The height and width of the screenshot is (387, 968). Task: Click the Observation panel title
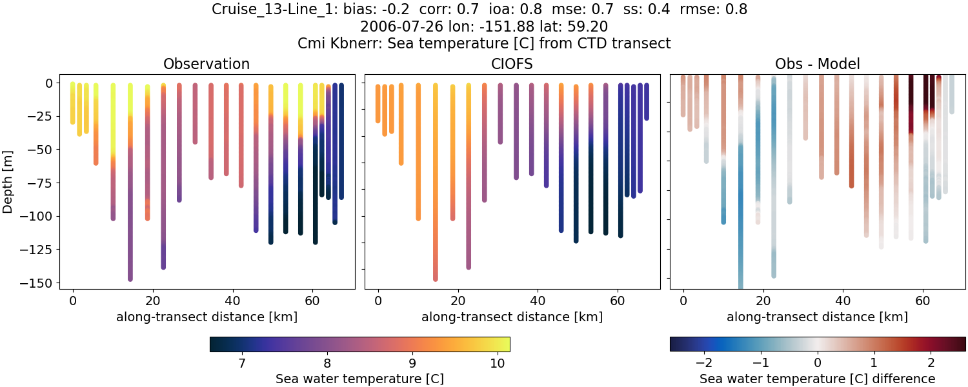207,64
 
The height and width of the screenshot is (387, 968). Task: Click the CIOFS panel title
512,64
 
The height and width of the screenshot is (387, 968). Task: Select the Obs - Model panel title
817,64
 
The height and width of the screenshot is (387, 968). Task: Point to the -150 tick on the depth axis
39,283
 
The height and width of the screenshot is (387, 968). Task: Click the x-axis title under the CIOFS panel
512,317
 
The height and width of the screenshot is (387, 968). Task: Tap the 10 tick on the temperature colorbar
497,364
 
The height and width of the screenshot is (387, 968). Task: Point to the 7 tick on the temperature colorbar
241,364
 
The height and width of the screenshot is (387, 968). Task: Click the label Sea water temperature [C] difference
818,379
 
